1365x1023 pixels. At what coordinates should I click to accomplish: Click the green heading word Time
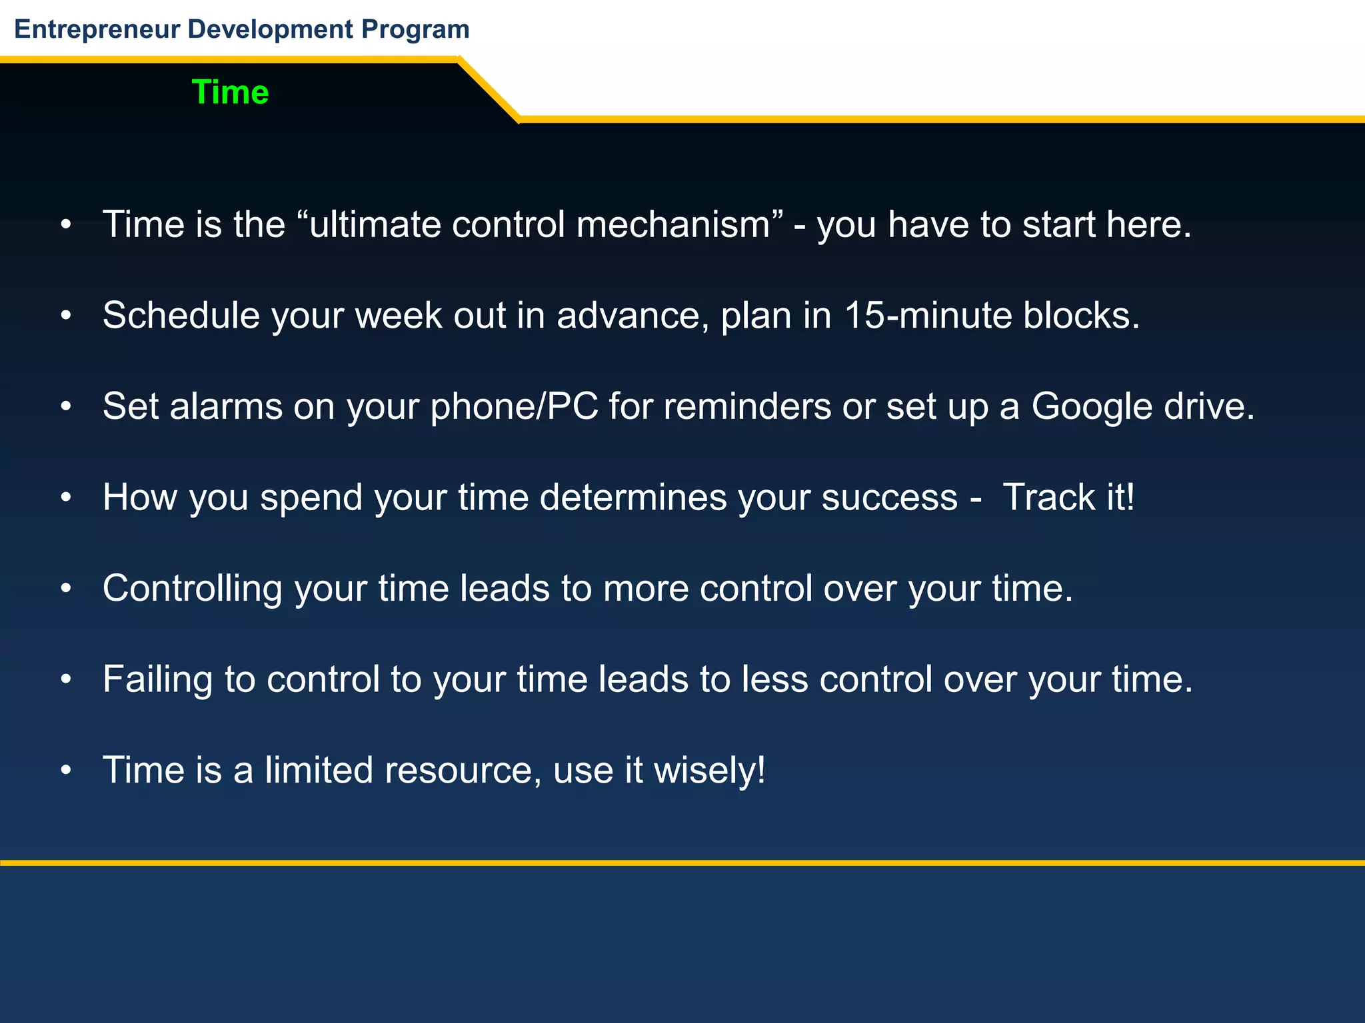tap(230, 92)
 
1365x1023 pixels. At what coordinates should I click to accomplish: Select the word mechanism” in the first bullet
tap(680, 224)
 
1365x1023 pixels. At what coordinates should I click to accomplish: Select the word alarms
tap(226, 406)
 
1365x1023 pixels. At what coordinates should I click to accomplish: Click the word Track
tap(1048, 498)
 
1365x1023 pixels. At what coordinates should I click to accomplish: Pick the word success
tap(889, 498)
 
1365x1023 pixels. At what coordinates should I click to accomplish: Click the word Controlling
tap(193, 589)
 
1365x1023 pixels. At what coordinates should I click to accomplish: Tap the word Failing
tap(157, 679)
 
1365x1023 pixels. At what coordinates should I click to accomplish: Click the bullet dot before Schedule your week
tap(65, 316)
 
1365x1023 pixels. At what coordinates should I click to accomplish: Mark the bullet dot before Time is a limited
tap(65, 771)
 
